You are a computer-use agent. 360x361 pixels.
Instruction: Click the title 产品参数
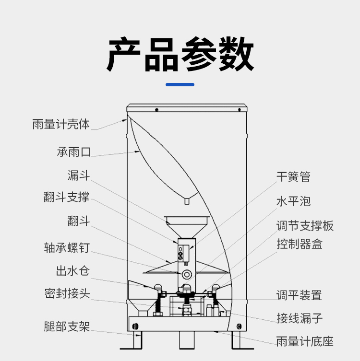(x=180, y=54)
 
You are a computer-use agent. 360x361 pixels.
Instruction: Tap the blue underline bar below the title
(x=180, y=85)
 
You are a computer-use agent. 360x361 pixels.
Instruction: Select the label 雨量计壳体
(x=61, y=124)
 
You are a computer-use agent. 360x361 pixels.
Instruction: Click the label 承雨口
(x=74, y=152)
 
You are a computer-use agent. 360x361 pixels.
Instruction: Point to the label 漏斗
(x=79, y=175)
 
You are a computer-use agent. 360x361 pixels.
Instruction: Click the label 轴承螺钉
(x=66, y=248)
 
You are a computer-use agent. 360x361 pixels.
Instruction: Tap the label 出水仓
(x=72, y=271)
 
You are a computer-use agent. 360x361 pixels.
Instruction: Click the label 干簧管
(x=293, y=177)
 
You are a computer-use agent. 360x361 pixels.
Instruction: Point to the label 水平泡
(x=293, y=201)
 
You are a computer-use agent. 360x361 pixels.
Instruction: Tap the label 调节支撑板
(x=304, y=225)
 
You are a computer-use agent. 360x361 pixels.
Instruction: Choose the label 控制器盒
(x=299, y=244)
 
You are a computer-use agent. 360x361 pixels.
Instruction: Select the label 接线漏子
(x=299, y=318)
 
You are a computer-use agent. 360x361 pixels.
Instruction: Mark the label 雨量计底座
(x=304, y=341)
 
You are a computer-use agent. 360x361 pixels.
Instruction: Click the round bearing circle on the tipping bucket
(x=186, y=274)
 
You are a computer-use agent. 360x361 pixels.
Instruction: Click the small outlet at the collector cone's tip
(x=186, y=202)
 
